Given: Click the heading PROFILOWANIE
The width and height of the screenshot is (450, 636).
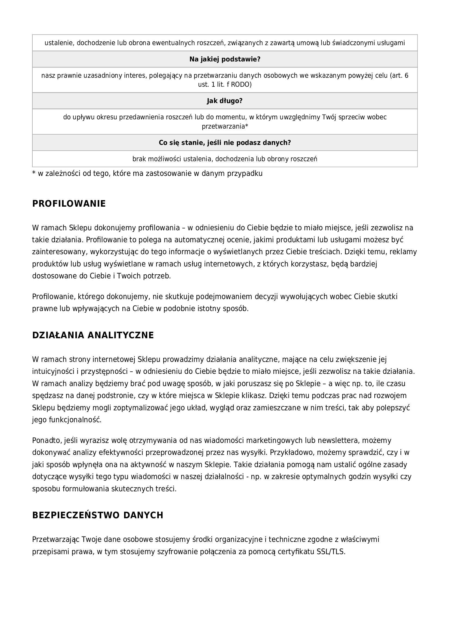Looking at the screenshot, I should [x=69, y=204].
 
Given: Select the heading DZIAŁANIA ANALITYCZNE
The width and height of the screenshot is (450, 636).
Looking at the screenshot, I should [x=93, y=335].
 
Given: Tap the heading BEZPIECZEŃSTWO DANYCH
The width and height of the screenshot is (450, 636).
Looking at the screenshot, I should [x=98, y=515].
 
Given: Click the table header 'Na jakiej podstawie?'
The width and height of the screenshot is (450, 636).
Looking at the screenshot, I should [x=225, y=59].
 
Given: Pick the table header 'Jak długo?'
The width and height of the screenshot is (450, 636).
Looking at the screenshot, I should [x=225, y=101].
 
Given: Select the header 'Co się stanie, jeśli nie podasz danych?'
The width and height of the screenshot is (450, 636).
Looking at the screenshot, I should [x=225, y=143].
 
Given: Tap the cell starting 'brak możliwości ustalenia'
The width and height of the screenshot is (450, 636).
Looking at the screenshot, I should [x=225, y=159].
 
